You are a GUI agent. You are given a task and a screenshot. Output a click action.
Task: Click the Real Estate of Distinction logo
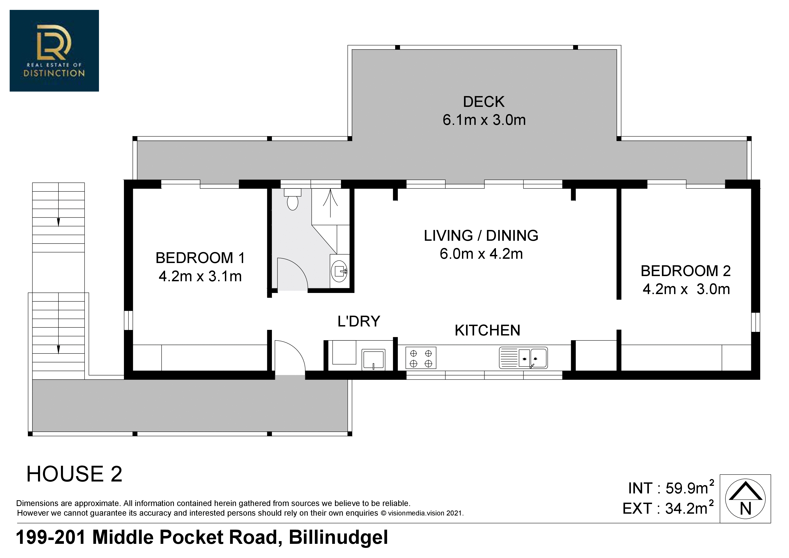[54, 51]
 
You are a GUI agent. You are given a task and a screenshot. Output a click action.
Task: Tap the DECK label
[484, 102]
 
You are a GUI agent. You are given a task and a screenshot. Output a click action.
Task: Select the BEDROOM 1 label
[200, 258]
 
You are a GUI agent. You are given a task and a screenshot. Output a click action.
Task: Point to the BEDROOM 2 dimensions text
[686, 289]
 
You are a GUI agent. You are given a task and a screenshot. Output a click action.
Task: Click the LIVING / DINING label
[481, 236]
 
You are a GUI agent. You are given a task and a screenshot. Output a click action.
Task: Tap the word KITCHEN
[487, 330]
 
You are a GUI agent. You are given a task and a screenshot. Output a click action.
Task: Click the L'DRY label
[359, 321]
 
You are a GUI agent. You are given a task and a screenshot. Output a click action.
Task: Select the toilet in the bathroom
[292, 199]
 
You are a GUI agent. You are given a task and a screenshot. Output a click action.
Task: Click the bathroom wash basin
[339, 271]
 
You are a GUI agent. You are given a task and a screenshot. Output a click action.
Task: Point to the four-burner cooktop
[421, 358]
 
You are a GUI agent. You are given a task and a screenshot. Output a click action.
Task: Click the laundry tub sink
[373, 360]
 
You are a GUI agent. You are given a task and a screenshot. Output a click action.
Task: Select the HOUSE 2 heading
[74, 474]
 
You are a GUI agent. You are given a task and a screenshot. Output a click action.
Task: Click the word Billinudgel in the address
[338, 537]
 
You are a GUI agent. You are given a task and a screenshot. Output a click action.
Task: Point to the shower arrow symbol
[330, 203]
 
